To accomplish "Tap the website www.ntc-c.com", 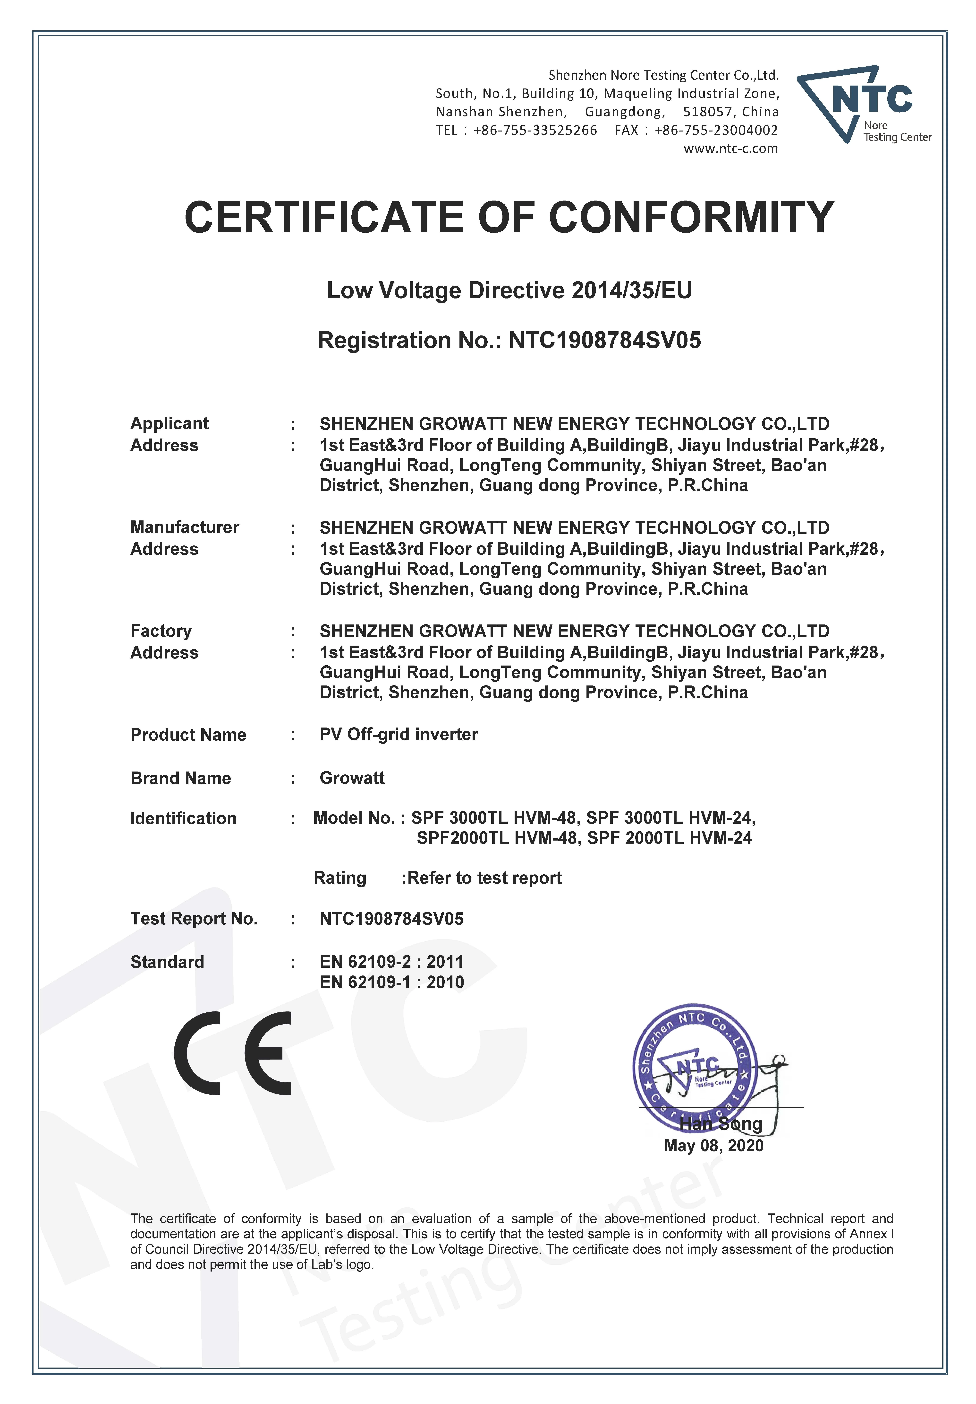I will pyautogui.click(x=730, y=149).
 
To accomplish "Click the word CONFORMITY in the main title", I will pyautogui.click(x=691, y=218).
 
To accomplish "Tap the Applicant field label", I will pyautogui.click(x=169, y=423).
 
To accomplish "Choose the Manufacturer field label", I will pyautogui.click(x=185, y=527).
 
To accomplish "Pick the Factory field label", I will pyautogui.click(x=161, y=631).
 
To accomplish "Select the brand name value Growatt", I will pyautogui.click(x=352, y=778).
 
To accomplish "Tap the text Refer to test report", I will pyautogui.click(x=484, y=878).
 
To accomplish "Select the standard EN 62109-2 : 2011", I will pyautogui.click(x=391, y=962).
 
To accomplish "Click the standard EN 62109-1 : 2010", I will pyautogui.click(x=391, y=982).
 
